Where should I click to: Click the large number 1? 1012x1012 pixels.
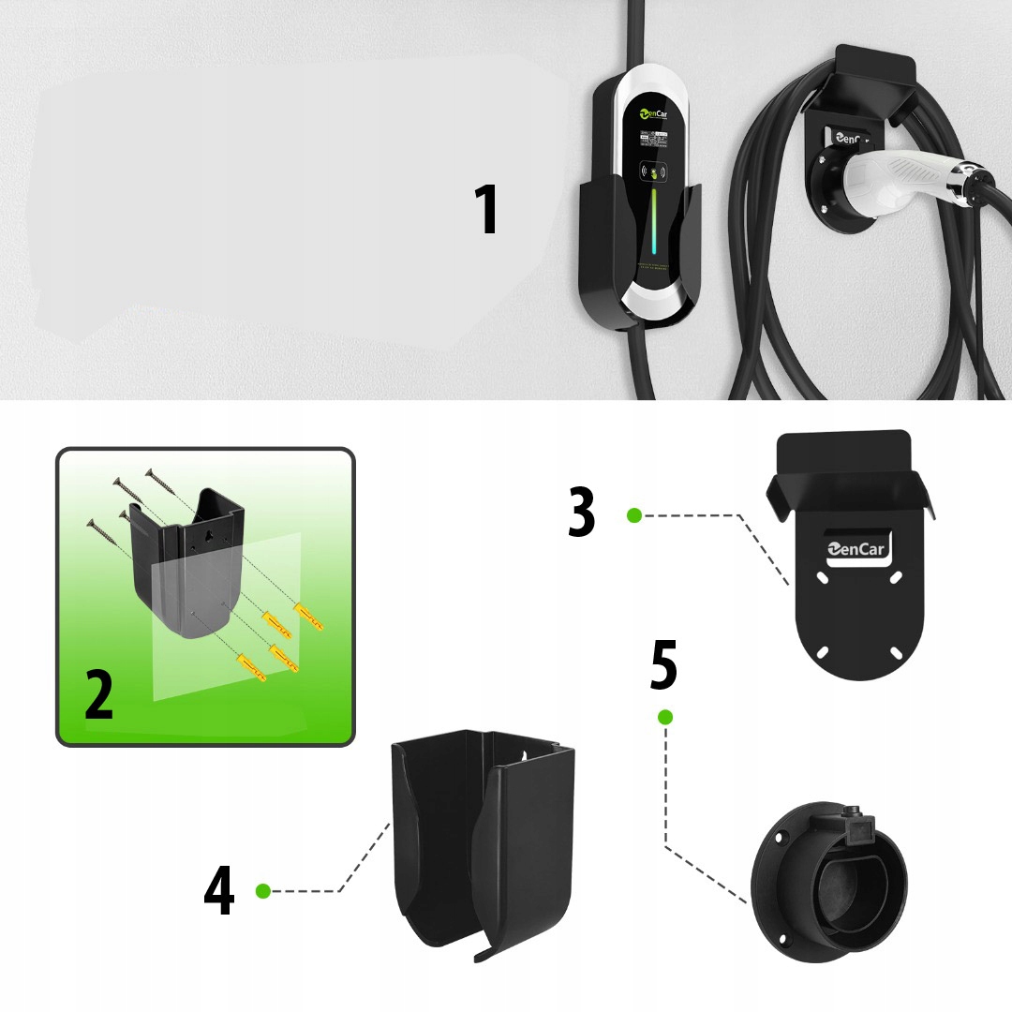[x=485, y=210]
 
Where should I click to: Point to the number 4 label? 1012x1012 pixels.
[x=218, y=890]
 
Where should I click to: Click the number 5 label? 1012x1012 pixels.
[x=662, y=665]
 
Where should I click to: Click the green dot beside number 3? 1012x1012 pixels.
[x=634, y=514]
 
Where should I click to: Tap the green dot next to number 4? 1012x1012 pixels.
[x=263, y=890]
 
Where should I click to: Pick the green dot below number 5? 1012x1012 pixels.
[x=665, y=718]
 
